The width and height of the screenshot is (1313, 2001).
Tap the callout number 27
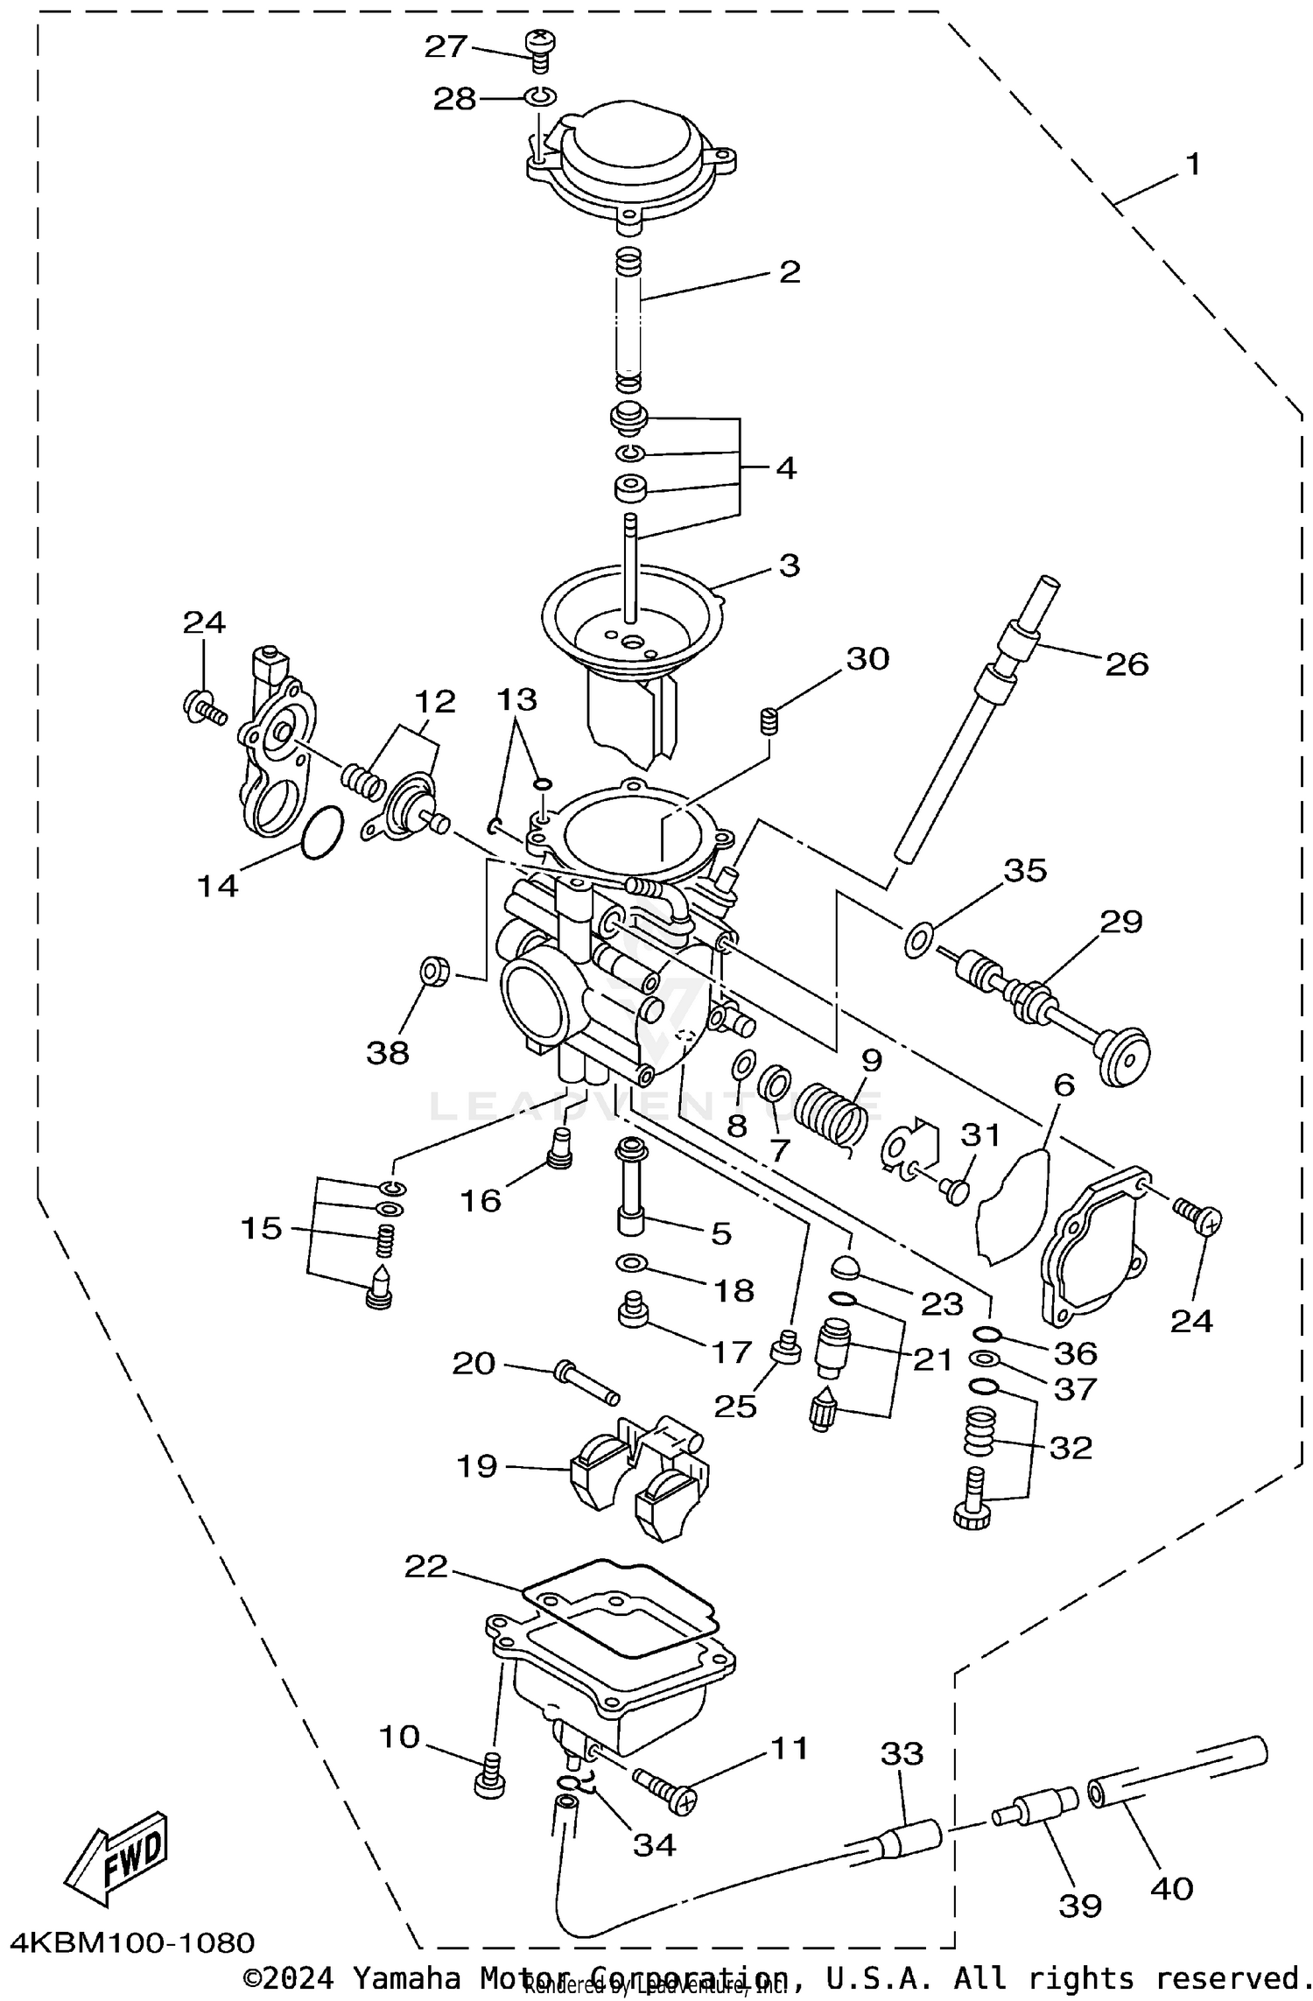[x=446, y=47]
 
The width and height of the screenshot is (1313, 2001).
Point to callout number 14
[x=217, y=886]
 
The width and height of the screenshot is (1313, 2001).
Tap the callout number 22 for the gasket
[x=426, y=1566]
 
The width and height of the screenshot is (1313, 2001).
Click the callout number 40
[x=1171, y=1888]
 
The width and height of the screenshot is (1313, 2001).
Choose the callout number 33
[x=902, y=1753]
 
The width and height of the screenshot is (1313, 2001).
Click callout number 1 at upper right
[x=1192, y=164]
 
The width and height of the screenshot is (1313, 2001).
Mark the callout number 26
[x=1126, y=664]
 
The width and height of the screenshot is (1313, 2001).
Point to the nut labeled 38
[x=434, y=972]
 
